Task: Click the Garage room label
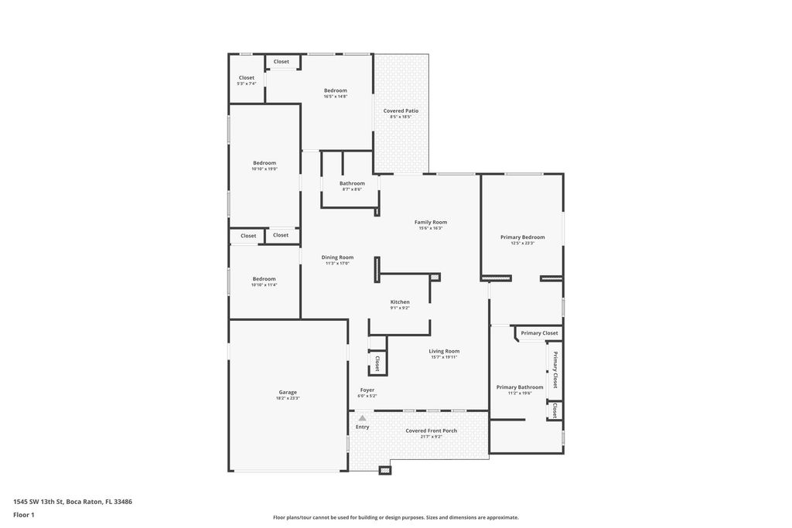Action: pyautogui.click(x=288, y=392)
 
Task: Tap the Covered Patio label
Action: pyautogui.click(x=401, y=111)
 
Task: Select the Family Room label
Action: pyautogui.click(x=431, y=223)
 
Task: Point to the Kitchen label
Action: pyautogui.click(x=400, y=302)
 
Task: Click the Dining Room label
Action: pyautogui.click(x=337, y=257)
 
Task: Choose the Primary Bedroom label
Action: pyautogui.click(x=522, y=237)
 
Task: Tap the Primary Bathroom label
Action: pyautogui.click(x=520, y=387)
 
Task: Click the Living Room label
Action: pyautogui.click(x=444, y=351)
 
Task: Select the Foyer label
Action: pyautogui.click(x=367, y=390)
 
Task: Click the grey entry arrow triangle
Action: pyautogui.click(x=362, y=418)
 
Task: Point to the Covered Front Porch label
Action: pyautogui.click(x=431, y=431)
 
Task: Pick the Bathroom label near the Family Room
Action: pyautogui.click(x=352, y=183)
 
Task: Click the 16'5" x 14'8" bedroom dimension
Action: pyautogui.click(x=335, y=97)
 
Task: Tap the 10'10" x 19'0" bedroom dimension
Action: pyautogui.click(x=264, y=169)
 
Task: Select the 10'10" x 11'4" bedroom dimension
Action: pyautogui.click(x=264, y=284)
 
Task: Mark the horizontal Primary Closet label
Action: pyautogui.click(x=539, y=333)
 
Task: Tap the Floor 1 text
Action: pyautogui.click(x=24, y=515)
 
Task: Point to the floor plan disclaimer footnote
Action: pyautogui.click(x=395, y=517)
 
